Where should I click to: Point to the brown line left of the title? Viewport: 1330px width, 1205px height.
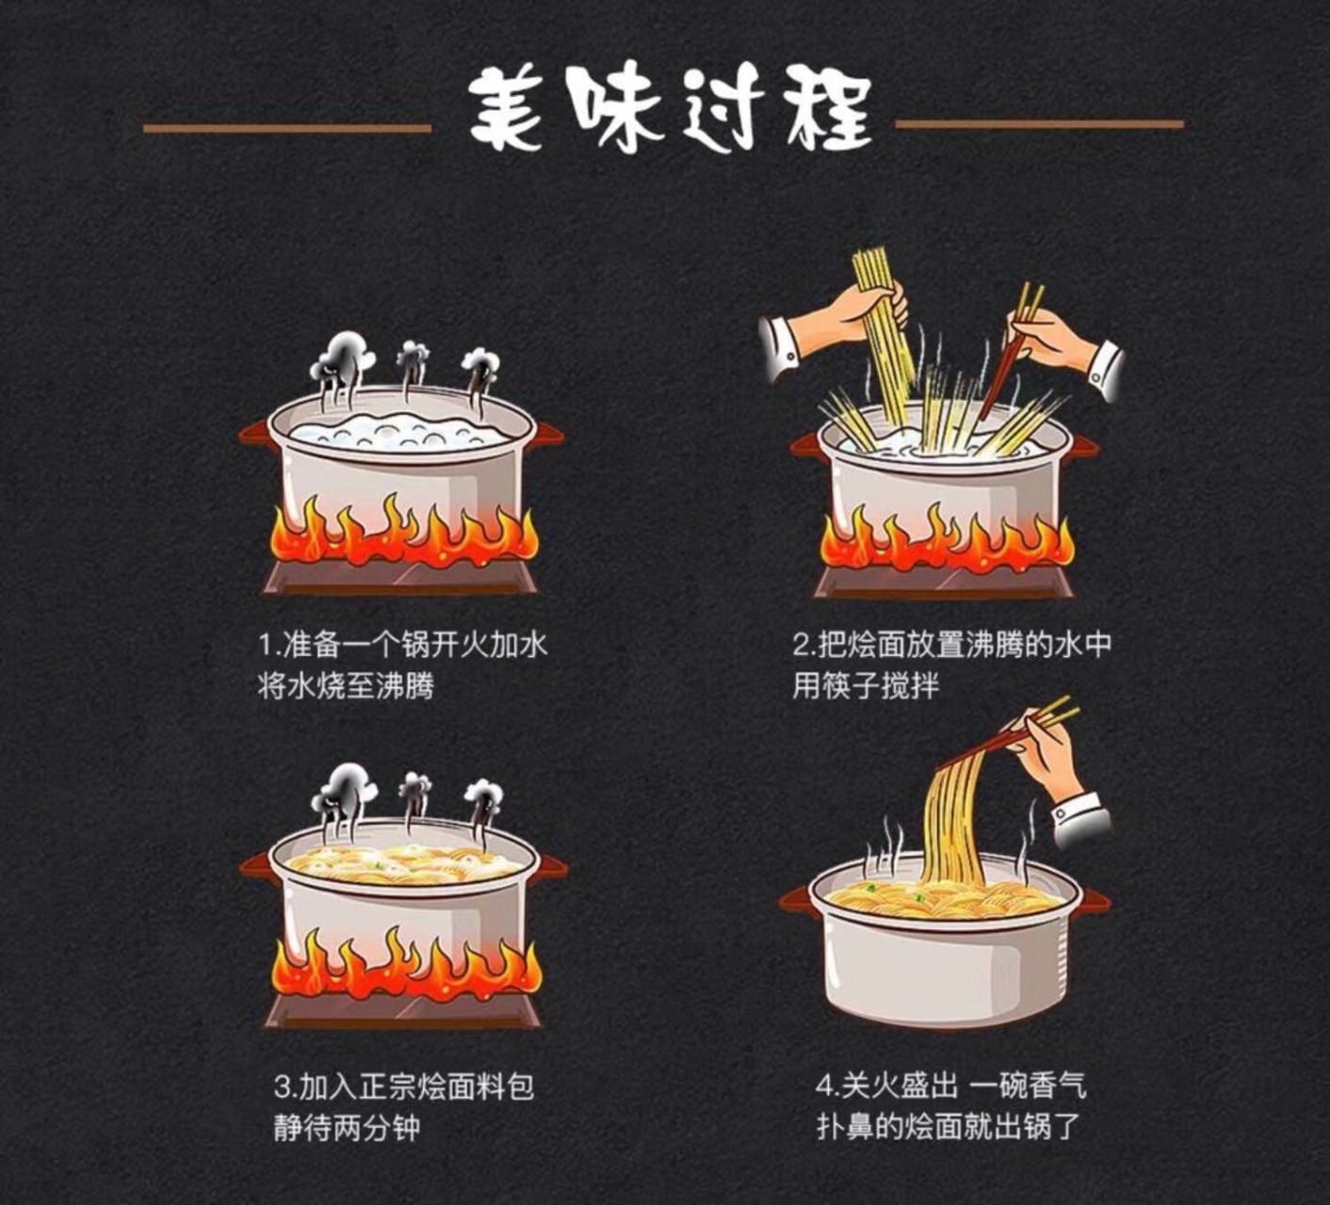[x=287, y=126]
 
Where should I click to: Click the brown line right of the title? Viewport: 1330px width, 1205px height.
[x=1039, y=124]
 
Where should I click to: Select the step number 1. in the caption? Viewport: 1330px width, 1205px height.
[x=269, y=645]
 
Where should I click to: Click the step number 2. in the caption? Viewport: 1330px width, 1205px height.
[x=805, y=645]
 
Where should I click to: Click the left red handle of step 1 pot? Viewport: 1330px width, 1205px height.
[x=254, y=434]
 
